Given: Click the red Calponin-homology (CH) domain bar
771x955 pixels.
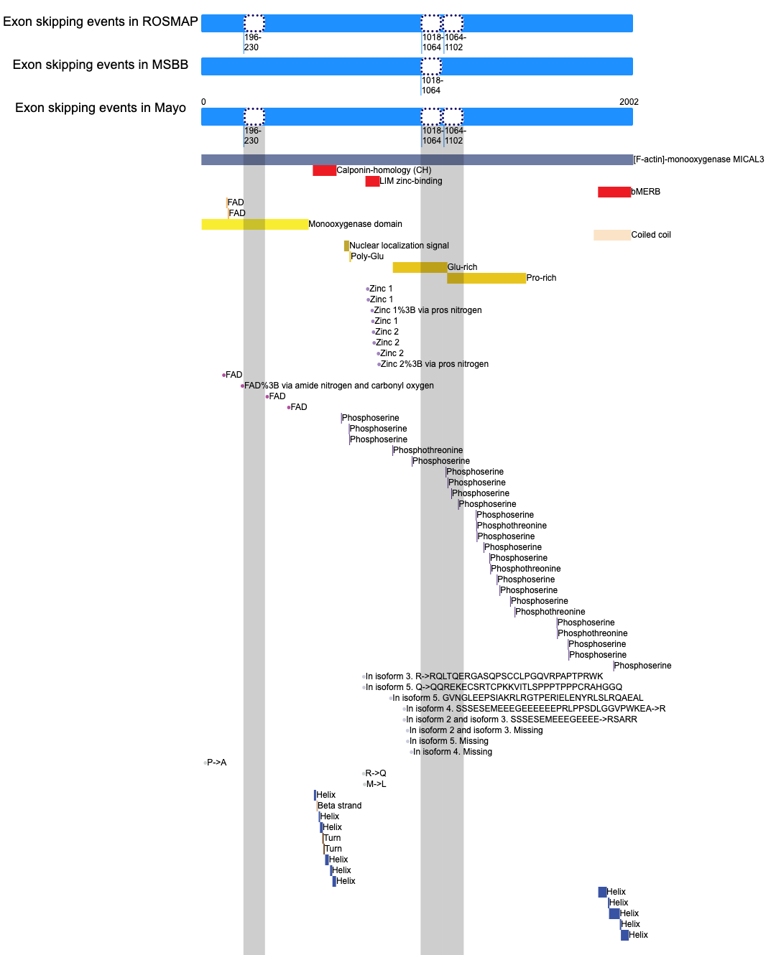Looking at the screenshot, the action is (324, 170).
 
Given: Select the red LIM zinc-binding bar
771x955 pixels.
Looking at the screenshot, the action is (372, 181).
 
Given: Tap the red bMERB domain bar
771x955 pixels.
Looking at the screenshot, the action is (614, 192).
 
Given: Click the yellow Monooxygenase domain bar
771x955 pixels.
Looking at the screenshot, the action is (255, 224).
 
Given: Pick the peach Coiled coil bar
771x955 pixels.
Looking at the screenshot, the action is (612, 235).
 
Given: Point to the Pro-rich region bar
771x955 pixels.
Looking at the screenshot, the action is (486, 279).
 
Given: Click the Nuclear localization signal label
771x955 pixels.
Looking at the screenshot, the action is (399, 246).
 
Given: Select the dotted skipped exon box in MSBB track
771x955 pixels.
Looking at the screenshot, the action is (431, 66).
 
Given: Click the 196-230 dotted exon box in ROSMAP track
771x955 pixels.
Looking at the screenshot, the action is (254, 23).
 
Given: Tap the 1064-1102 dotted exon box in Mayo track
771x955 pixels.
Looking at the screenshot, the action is (453, 117).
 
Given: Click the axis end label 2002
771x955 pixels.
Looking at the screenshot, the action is (629, 102).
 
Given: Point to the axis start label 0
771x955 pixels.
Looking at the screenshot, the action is (203, 102).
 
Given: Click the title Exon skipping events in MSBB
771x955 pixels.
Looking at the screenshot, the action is (101, 65).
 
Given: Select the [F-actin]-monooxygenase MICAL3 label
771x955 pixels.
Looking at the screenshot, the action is (698, 159).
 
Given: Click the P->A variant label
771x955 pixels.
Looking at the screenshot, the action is (217, 763).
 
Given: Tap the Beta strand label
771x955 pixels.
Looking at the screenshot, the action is (339, 806).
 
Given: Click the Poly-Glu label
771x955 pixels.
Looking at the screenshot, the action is (367, 256).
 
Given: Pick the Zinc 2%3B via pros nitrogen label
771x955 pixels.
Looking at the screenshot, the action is (434, 364).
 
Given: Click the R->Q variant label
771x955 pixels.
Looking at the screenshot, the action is (376, 773).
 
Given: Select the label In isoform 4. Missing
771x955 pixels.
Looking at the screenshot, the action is (453, 752).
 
